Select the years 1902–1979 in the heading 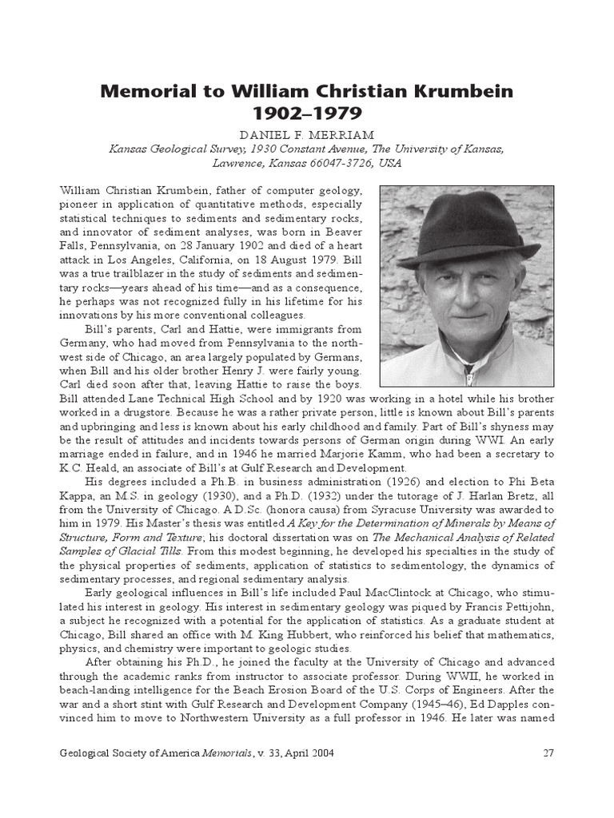307,113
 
